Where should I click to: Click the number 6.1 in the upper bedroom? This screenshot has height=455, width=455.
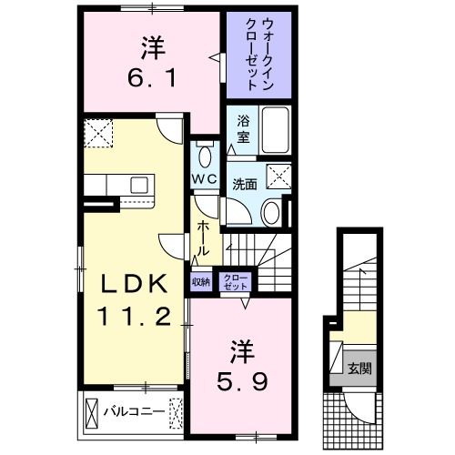coord(151,78)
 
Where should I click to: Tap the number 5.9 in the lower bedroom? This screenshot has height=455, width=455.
coord(242,381)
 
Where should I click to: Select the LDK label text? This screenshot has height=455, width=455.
coord(135,283)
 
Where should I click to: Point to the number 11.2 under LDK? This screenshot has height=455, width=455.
coord(134,316)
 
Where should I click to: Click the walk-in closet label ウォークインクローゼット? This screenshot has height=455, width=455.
coord(259,55)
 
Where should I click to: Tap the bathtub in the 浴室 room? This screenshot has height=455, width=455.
coord(275,130)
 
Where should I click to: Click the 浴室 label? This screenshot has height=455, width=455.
coord(243,129)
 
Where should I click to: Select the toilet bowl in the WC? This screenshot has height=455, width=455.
coord(205,157)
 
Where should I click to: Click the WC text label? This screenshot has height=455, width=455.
coord(205,178)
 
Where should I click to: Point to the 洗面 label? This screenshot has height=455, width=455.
coord(245,185)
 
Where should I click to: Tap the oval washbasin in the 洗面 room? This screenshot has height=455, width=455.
coord(271,212)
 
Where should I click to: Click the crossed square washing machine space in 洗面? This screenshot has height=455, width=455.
coord(278,177)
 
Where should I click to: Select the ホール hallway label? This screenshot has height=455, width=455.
coord(203,238)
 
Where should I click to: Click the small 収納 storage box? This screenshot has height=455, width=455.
coord(201,282)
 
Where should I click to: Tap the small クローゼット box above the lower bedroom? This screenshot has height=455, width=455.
coord(236,282)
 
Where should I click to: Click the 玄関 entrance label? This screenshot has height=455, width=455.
coord(359,369)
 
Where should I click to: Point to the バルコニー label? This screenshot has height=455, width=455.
coord(135,411)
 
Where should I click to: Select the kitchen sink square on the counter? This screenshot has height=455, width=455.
coord(139,185)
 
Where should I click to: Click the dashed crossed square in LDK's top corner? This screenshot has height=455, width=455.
coord(98,133)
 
